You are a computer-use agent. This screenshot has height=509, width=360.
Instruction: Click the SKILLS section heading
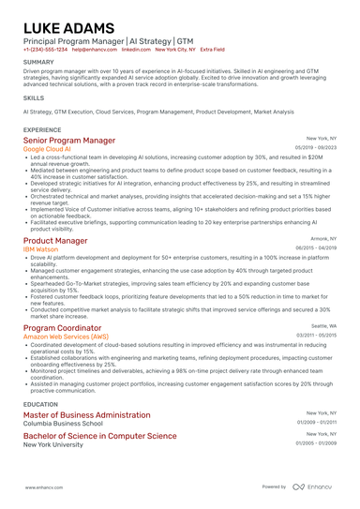tap(34, 97)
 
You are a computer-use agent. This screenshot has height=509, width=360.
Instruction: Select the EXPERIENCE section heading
tap(42, 129)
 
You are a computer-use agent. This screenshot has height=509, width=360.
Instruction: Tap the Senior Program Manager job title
tap(76, 141)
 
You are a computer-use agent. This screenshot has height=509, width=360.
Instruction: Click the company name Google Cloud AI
tap(47, 149)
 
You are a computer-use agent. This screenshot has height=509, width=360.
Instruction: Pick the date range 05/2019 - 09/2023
tap(315, 148)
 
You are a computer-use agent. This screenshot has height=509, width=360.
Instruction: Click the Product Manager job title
tap(55, 241)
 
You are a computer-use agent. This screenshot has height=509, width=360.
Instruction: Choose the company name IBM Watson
tap(41, 249)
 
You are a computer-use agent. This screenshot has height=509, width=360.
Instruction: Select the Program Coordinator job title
tap(62, 328)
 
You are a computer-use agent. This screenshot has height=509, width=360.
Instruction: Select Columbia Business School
tap(63, 424)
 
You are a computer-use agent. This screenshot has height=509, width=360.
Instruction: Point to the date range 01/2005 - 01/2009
tap(315, 442)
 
